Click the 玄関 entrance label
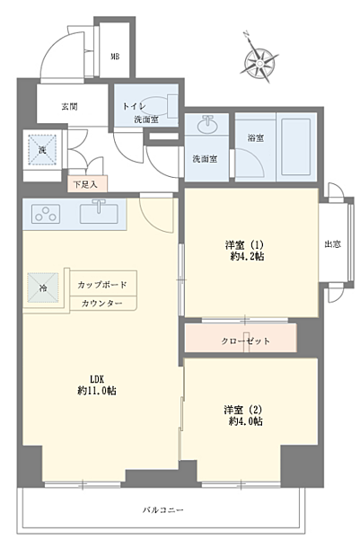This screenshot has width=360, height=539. pyautogui.click(x=69, y=106)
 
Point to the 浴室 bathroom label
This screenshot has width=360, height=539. pyautogui.click(x=255, y=137)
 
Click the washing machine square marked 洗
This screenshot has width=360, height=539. pyautogui.click(x=40, y=149)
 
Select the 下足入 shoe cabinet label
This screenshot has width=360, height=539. pyautogui.click(x=88, y=185)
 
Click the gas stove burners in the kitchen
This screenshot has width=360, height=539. pyautogui.click(x=45, y=214)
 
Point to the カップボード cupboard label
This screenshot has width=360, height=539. pyautogui.click(x=102, y=286)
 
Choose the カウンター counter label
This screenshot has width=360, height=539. pyautogui.click(x=101, y=304)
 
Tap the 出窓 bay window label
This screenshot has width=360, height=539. pyautogui.click(x=331, y=244)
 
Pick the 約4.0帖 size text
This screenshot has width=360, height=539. pyautogui.click(x=244, y=421)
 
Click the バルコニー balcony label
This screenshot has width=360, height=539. pyautogui.click(x=162, y=510)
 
